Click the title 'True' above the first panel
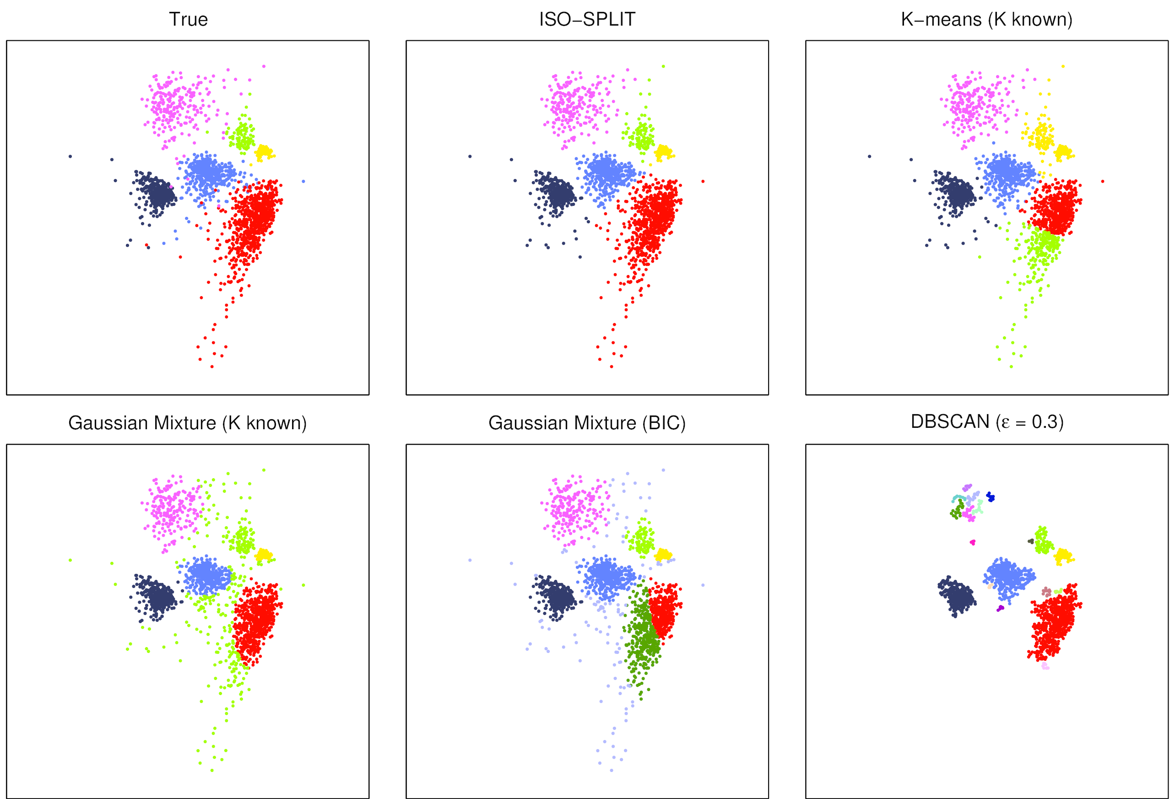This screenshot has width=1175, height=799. tap(188, 19)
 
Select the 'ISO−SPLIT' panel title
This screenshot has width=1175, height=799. tap(587, 19)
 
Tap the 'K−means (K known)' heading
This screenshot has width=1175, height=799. tap(986, 19)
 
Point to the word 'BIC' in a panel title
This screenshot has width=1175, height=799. tap(663, 422)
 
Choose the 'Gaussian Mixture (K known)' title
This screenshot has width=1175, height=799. tap(188, 422)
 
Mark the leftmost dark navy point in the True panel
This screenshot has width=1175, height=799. tap(70, 156)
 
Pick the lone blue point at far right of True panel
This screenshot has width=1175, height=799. tap(303, 181)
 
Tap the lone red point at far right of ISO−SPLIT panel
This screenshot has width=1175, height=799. tap(703, 181)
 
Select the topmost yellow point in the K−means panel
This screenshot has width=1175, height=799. tap(1063, 66)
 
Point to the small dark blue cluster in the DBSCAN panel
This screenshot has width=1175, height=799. tap(991, 497)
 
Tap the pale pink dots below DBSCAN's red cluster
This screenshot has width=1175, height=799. tap(1045, 667)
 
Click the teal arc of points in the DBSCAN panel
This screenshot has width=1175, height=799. tap(957, 498)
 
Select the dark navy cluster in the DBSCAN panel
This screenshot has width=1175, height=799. tap(956, 597)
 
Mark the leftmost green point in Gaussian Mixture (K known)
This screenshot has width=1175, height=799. tap(70, 560)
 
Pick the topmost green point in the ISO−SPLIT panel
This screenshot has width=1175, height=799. tap(663, 66)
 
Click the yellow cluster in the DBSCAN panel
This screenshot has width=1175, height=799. tap(1063, 556)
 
